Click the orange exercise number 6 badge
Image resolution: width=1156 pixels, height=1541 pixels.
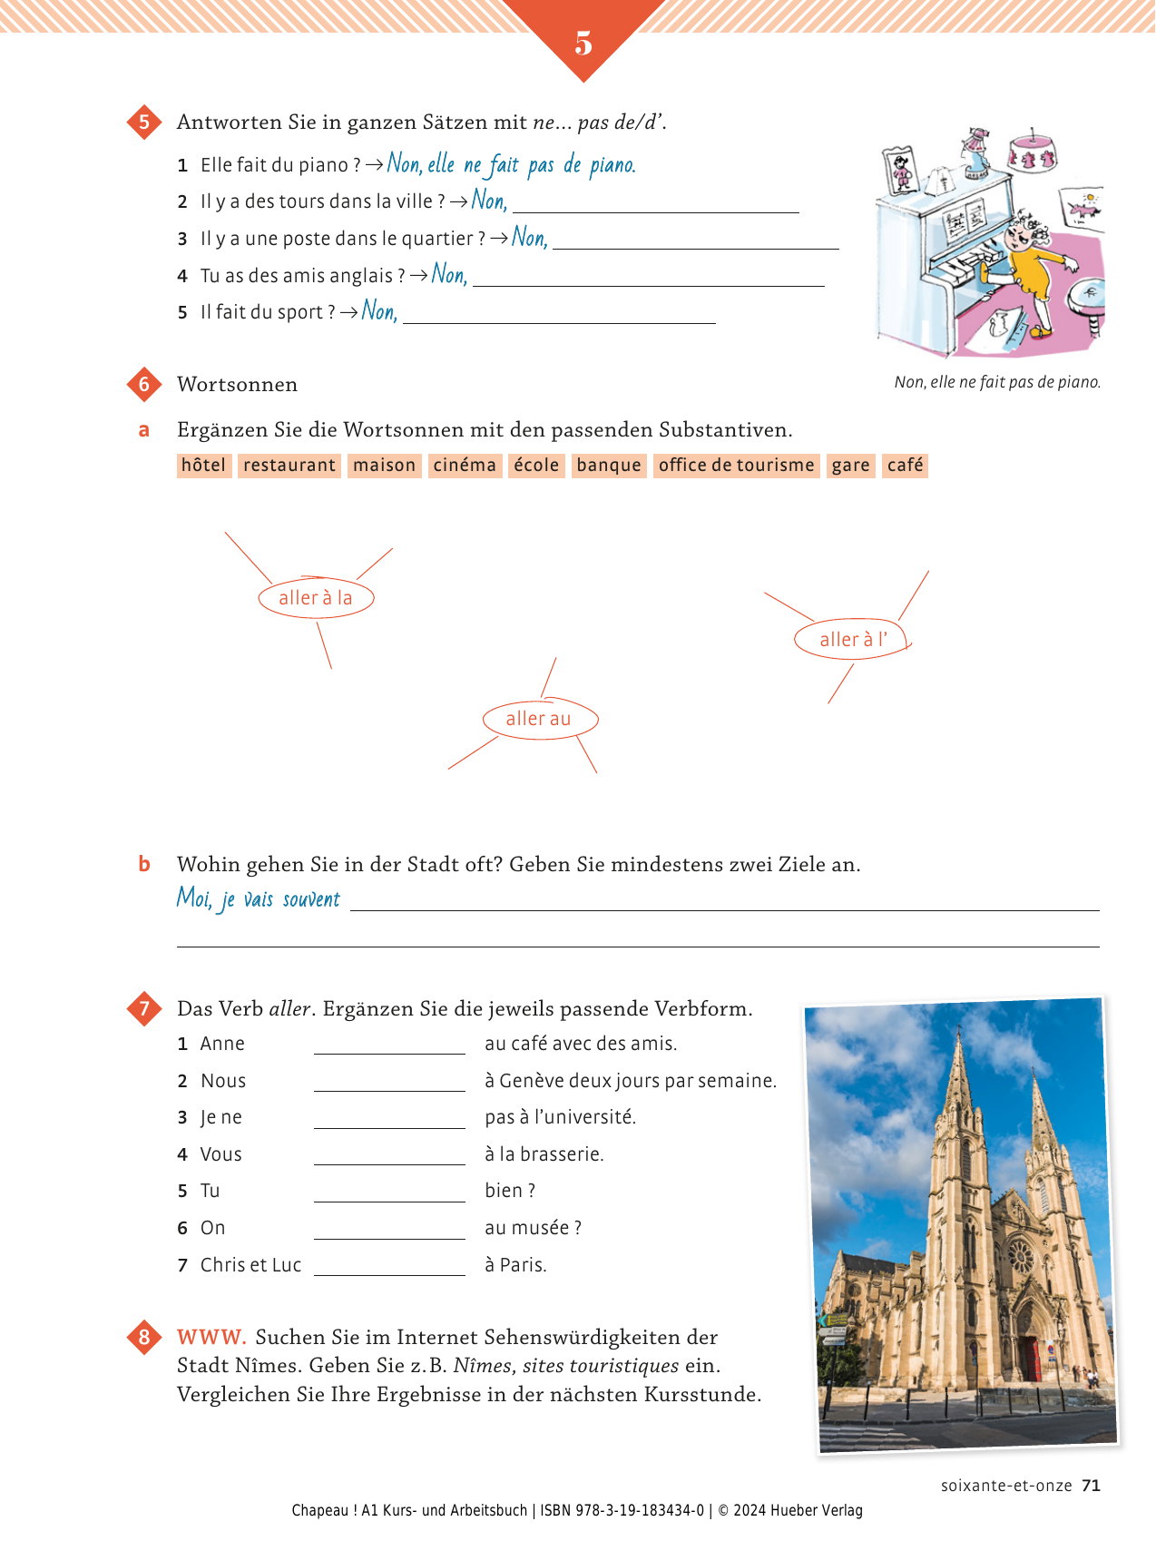tap(144, 384)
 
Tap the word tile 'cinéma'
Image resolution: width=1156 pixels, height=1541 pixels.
tap(465, 466)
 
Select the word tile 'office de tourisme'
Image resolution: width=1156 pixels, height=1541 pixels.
tap(736, 466)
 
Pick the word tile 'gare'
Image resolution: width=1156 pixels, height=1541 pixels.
tap(850, 466)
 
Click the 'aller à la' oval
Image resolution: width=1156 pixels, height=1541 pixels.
tap(315, 598)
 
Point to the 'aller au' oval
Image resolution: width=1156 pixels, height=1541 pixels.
tap(539, 719)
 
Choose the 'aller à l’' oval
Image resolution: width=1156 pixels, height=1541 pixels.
tap(851, 640)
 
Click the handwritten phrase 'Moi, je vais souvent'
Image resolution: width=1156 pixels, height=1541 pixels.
tap(259, 899)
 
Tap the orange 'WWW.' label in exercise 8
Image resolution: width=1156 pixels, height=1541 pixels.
tap(211, 1337)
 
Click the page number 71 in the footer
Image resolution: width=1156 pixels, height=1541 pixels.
tap(1091, 1486)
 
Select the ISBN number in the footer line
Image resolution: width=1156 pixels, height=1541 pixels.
tap(641, 1510)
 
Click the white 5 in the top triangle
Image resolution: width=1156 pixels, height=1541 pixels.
tap(583, 43)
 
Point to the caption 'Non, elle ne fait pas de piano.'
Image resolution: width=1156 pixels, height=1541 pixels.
tap(997, 382)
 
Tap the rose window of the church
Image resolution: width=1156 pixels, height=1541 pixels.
tap(1022, 1257)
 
